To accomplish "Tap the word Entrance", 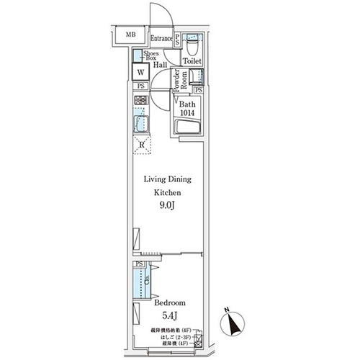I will pos(162,37).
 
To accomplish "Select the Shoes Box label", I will pos(151,57).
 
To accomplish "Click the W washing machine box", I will pos(142,73).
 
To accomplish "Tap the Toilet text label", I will pos(192,63).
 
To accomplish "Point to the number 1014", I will pos(189,113).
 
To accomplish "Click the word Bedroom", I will pos(170,303).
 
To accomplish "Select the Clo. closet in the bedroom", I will pos(143,280).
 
